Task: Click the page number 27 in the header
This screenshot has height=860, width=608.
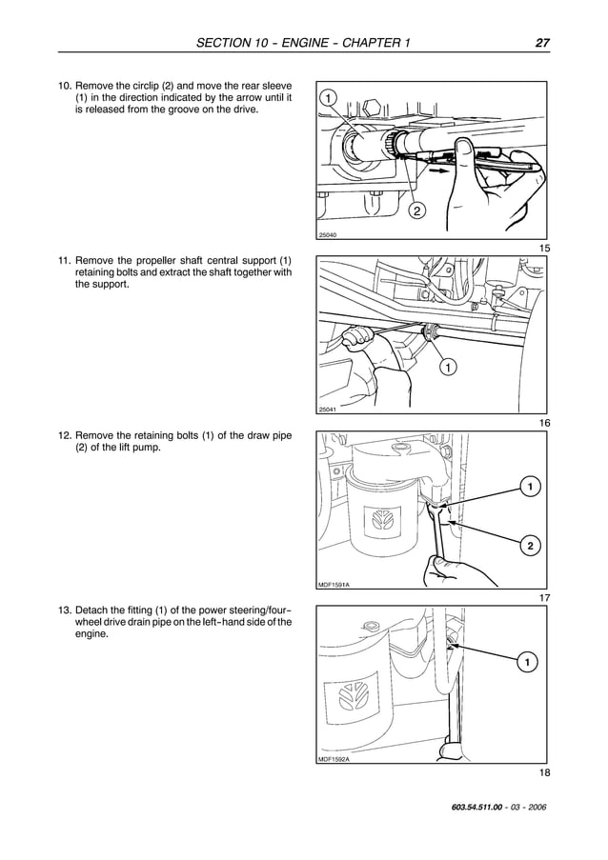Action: click(541, 43)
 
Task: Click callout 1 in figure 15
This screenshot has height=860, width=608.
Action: click(328, 99)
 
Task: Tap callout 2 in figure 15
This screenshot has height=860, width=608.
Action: click(416, 210)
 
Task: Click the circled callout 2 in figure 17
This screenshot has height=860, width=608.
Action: click(528, 546)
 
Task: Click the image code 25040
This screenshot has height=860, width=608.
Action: click(327, 235)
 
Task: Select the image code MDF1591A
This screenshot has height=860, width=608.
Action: click(334, 584)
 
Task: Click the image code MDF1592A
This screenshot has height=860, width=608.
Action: click(334, 759)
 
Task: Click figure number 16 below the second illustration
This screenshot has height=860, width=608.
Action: click(544, 422)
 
